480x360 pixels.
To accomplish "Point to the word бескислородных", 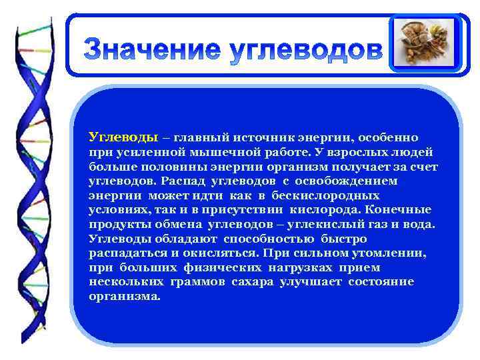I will click(x=326, y=196).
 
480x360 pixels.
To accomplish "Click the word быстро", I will click(x=343, y=239).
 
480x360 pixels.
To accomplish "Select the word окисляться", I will click(x=227, y=253).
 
